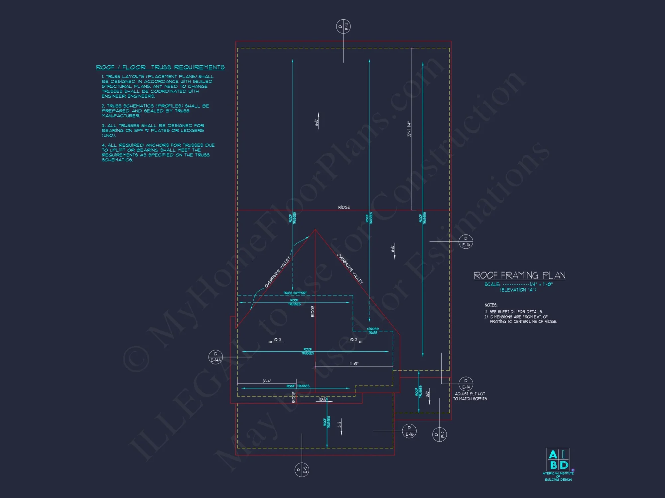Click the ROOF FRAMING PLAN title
point(519,275)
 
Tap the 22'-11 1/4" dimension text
point(409,129)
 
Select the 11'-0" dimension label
point(354,364)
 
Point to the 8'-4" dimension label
point(267,381)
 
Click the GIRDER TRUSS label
point(373,331)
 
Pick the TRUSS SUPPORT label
point(295,293)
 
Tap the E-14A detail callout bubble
point(215,357)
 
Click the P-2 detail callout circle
point(439,434)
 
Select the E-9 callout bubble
point(302,469)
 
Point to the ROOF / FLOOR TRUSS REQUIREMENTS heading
point(160,67)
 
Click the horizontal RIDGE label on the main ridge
point(344,207)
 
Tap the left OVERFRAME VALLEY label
point(278,272)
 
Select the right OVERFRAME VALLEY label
point(350,268)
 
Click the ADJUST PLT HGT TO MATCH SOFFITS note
point(470,396)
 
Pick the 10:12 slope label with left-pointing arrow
point(277,340)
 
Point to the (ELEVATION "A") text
point(518,290)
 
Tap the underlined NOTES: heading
point(491,305)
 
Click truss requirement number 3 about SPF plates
point(153,130)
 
